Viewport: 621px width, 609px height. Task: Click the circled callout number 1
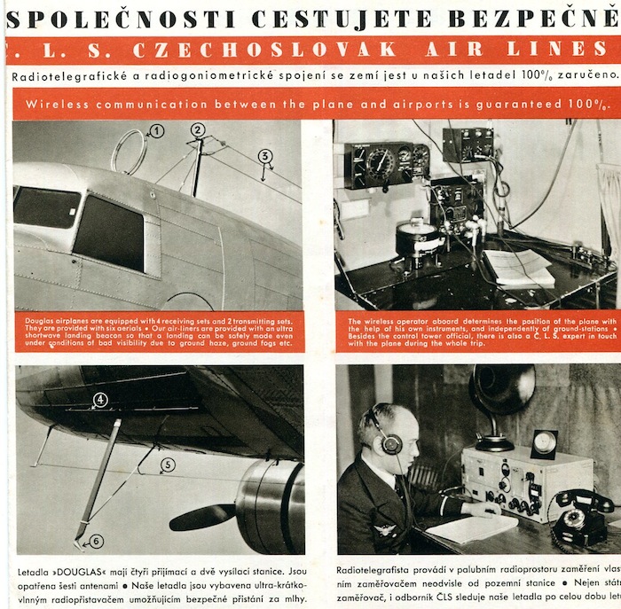157,131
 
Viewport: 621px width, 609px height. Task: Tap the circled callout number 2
198,129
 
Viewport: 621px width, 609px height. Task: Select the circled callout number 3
264,157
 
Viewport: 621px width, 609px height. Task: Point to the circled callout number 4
100,400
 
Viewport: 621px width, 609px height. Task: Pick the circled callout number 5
167,465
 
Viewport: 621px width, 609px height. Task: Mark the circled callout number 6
96,540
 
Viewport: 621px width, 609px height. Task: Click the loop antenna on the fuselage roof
130,151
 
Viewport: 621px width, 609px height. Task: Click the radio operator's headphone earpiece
391,443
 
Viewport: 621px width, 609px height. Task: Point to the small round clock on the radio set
543,443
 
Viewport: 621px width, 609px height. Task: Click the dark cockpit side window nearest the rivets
108,231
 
